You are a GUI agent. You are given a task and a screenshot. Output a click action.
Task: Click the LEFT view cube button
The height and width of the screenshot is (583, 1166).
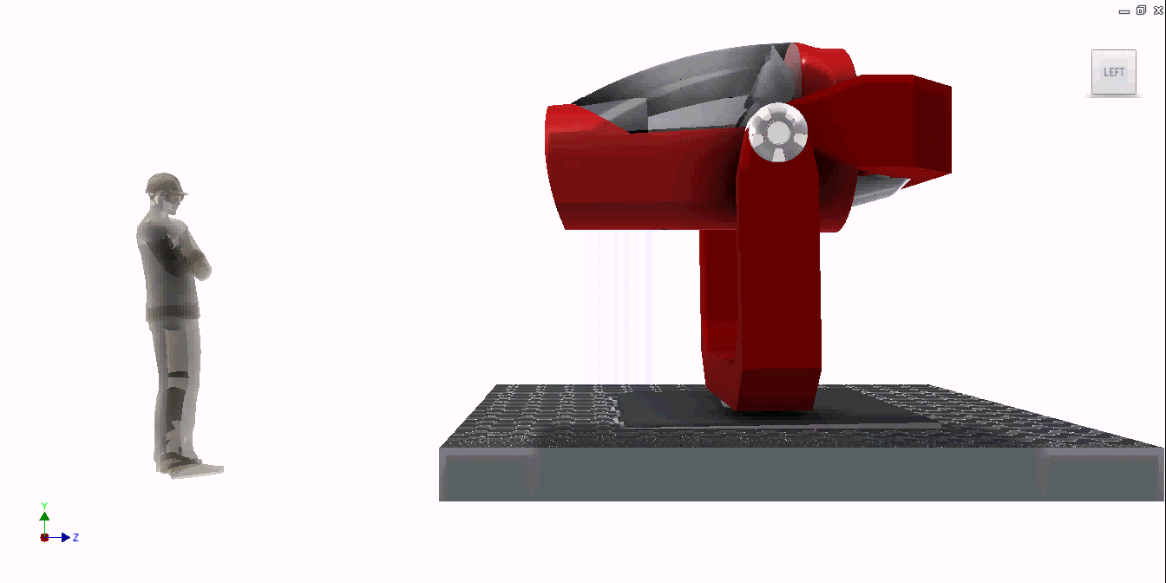click(1113, 72)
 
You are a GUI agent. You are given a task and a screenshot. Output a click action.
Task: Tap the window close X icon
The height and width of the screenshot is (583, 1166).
click(1158, 10)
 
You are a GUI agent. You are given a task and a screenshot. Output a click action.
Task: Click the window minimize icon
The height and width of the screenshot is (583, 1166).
click(1123, 12)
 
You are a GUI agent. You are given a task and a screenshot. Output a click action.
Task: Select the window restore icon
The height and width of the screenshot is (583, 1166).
click(1141, 10)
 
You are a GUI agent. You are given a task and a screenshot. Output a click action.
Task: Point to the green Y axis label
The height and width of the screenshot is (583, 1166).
click(45, 506)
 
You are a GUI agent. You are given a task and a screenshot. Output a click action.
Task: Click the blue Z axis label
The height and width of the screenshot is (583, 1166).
click(76, 537)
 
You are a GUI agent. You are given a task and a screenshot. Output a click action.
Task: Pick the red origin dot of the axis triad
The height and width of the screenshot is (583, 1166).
click(45, 538)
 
